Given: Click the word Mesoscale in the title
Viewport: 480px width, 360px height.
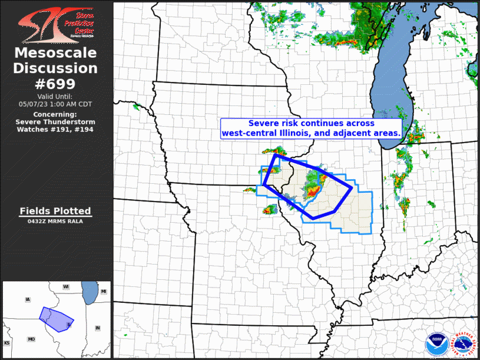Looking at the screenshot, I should point(56,53).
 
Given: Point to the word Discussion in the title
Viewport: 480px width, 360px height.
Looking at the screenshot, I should point(56,68).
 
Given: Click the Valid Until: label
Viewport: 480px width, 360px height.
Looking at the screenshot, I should point(55,96).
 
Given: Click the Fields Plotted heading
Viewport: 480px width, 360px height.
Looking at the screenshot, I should point(55,211).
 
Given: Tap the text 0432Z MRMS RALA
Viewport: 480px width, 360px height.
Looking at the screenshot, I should point(55,221).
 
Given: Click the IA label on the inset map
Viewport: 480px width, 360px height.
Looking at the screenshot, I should point(27,300).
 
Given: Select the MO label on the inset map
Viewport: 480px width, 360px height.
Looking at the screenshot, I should point(31,339).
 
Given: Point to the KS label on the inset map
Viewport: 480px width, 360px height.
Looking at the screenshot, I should point(7,342).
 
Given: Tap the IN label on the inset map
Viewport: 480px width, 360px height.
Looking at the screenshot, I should point(98,328).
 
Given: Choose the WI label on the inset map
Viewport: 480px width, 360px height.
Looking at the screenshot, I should point(67,286).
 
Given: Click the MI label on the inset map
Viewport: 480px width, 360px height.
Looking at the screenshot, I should point(103,292).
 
